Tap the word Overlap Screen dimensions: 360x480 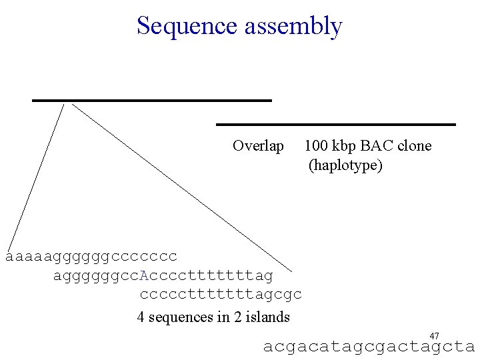258,146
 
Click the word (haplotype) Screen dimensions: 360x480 345,165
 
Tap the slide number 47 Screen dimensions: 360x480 435,336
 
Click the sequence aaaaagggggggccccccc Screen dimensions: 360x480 91,256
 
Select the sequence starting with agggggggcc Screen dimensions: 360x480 163,275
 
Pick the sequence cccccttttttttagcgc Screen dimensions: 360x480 221,294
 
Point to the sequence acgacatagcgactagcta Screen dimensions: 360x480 369,347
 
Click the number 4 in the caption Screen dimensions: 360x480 141,317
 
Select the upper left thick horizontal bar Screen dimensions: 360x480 152,100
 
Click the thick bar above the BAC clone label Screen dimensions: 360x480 336,124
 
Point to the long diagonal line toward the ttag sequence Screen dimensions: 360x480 180,187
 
